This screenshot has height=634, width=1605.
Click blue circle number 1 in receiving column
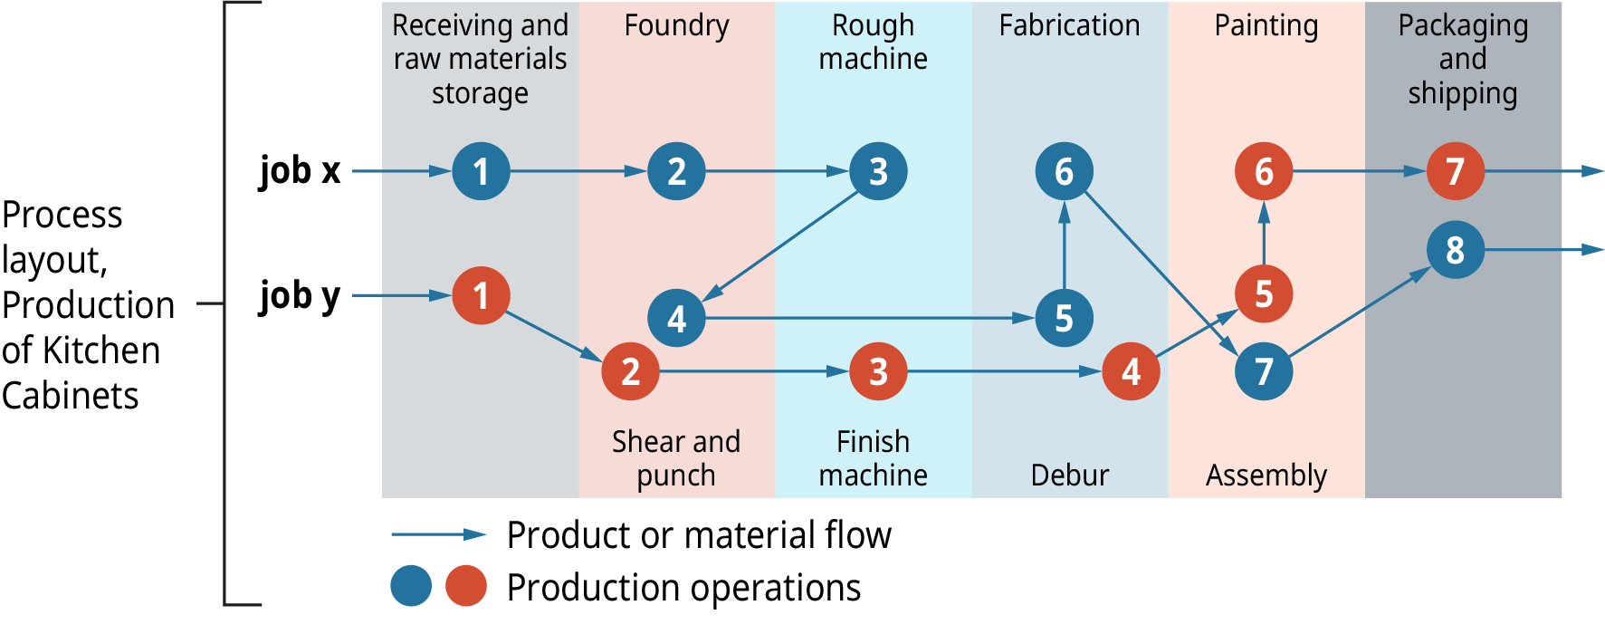pyautogui.click(x=481, y=171)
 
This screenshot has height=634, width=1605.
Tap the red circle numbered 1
pyautogui.click(x=481, y=295)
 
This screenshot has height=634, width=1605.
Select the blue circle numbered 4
pyautogui.click(x=676, y=318)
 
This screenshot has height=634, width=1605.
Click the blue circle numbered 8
pyautogui.click(x=1455, y=249)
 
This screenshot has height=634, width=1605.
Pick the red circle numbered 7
pyautogui.click(x=1455, y=171)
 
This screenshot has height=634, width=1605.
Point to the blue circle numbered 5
pyautogui.click(x=1064, y=318)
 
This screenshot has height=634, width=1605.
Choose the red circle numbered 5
pyautogui.click(x=1264, y=294)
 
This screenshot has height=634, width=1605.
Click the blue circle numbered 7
pyautogui.click(x=1264, y=371)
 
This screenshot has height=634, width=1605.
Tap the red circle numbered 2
pyautogui.click(x=630, y=371)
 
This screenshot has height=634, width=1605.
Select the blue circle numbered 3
pyautogui.click(x=878, y=171)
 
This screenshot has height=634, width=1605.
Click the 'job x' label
pyautogui.click(x=300, y=170)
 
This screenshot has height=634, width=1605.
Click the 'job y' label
pyautogui.click(x=300, y=296)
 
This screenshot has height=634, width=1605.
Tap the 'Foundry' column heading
pyautogui.click(x=676, y=25)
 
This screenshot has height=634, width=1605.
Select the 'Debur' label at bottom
pyautogui.click(x=1069, y=475)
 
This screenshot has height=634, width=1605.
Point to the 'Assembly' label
pyautogui.click(x=1266, y=475)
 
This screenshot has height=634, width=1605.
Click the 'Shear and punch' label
pyautogui.click(x=676, y=457)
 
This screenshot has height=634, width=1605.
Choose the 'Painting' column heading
pyautogui.click(x=1266, y=25)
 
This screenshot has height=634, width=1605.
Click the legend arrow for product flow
pyautogui.click(x=438, y=534)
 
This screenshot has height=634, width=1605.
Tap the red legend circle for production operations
pyautogui.click(x=466, y=586)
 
